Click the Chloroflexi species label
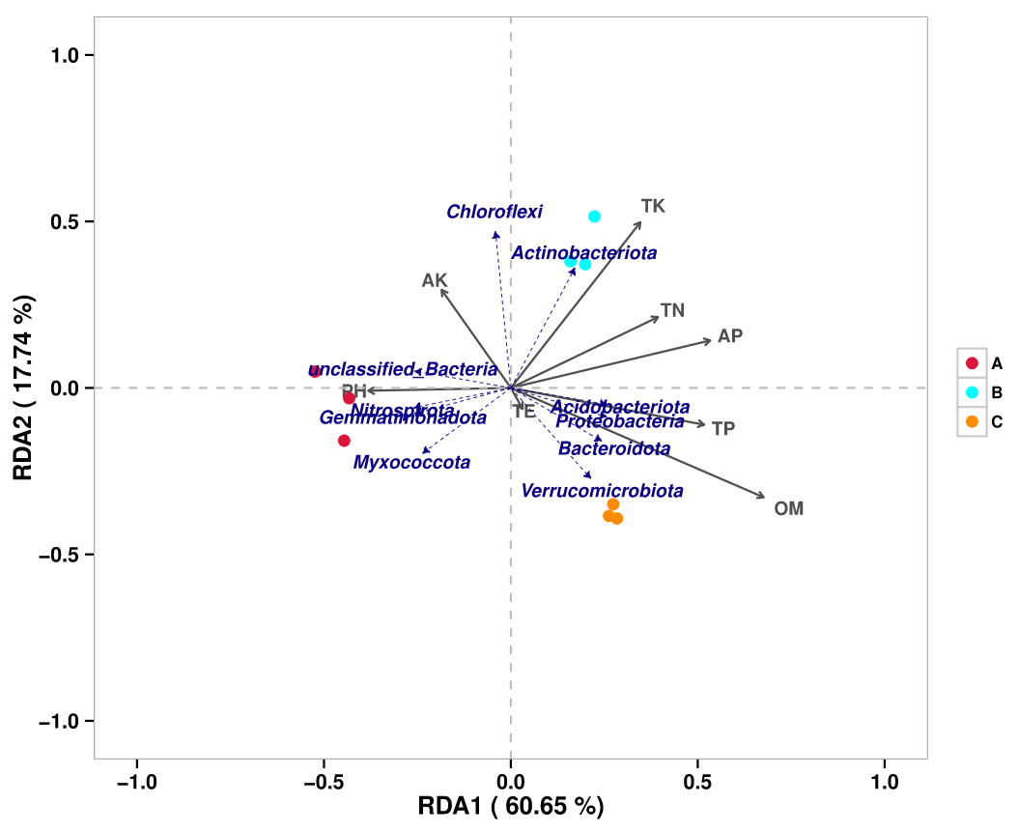pyautogui.click(x=495, y=212)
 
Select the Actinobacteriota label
pyautogui.click(x=584, y=253)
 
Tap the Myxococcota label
pyautogui.click(x=411, y=463)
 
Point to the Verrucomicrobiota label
pyautogui.click(x=602, y=491)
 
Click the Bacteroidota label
pyautogui.click(x=614, y=448)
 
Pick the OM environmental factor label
pyautogui.click(x=788, y=508)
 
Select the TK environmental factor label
pyautogui.click(x=654, y=206)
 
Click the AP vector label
pyautogui.click(x=730, y=336)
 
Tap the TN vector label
pyautogui.click(x=672, y=310)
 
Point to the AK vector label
pyautogui.click(x=435, y=280)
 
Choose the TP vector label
pyautogui.click(x=723, y=428)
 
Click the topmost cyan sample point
pyautogui.click(x=595, y=216)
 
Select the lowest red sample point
pyautogui.click(x=344, y=441)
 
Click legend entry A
pyautogui.click(x=997, y=363)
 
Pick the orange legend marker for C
pyautogui.click(x=973, y=421)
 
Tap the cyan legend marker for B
pyautogui.click(x=973, y=392)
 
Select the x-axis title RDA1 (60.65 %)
pyautogui.click(x=511, y=807)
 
